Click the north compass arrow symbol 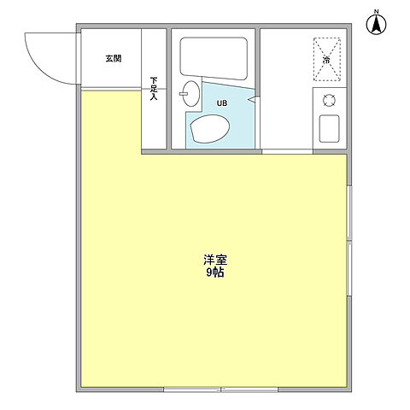tap(374, 26)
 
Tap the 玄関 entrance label tap(114, 59)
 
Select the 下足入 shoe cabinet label tap(154, 89)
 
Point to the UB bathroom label tap(221, 103)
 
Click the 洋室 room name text tap(214, 260)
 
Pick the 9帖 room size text tap(214, 273)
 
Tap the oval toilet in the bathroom tap(209, 130)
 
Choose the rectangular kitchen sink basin tap(329, 130)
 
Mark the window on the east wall tap(349, 240)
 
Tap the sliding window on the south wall tap(221, 389)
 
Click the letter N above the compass tap(374, 10)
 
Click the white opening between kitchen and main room tap(287, 152)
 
